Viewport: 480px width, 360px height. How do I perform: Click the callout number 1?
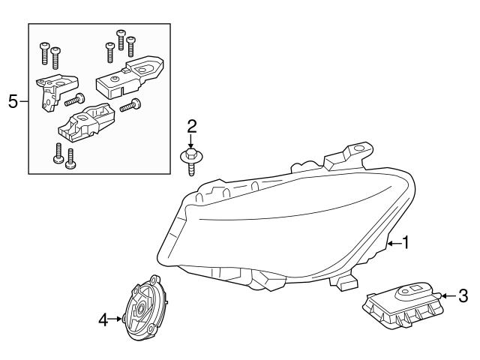[x=406, y=243]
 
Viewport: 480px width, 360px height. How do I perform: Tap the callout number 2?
[x=191, y=125]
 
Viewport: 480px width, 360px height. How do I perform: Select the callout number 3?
[x=463, y=295]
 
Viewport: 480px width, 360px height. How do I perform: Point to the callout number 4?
[x=103, y=320]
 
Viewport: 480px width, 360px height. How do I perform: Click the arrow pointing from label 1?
[x=392, y=243]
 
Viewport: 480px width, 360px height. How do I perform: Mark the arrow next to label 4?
[x=116, y=320]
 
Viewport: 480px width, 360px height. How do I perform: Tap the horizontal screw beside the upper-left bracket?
[x=74, y=99]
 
